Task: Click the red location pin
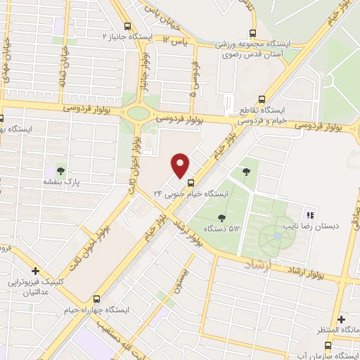[181, 165]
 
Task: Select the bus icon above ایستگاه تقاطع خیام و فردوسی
[262, 99]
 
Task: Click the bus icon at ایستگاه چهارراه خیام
[97, 299]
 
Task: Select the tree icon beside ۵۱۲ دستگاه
[222, 218]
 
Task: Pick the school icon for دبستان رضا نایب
[309, 215]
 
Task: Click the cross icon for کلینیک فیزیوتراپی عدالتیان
[34, 271]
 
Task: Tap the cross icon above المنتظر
[340, 319]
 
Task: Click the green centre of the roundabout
[139, 112]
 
